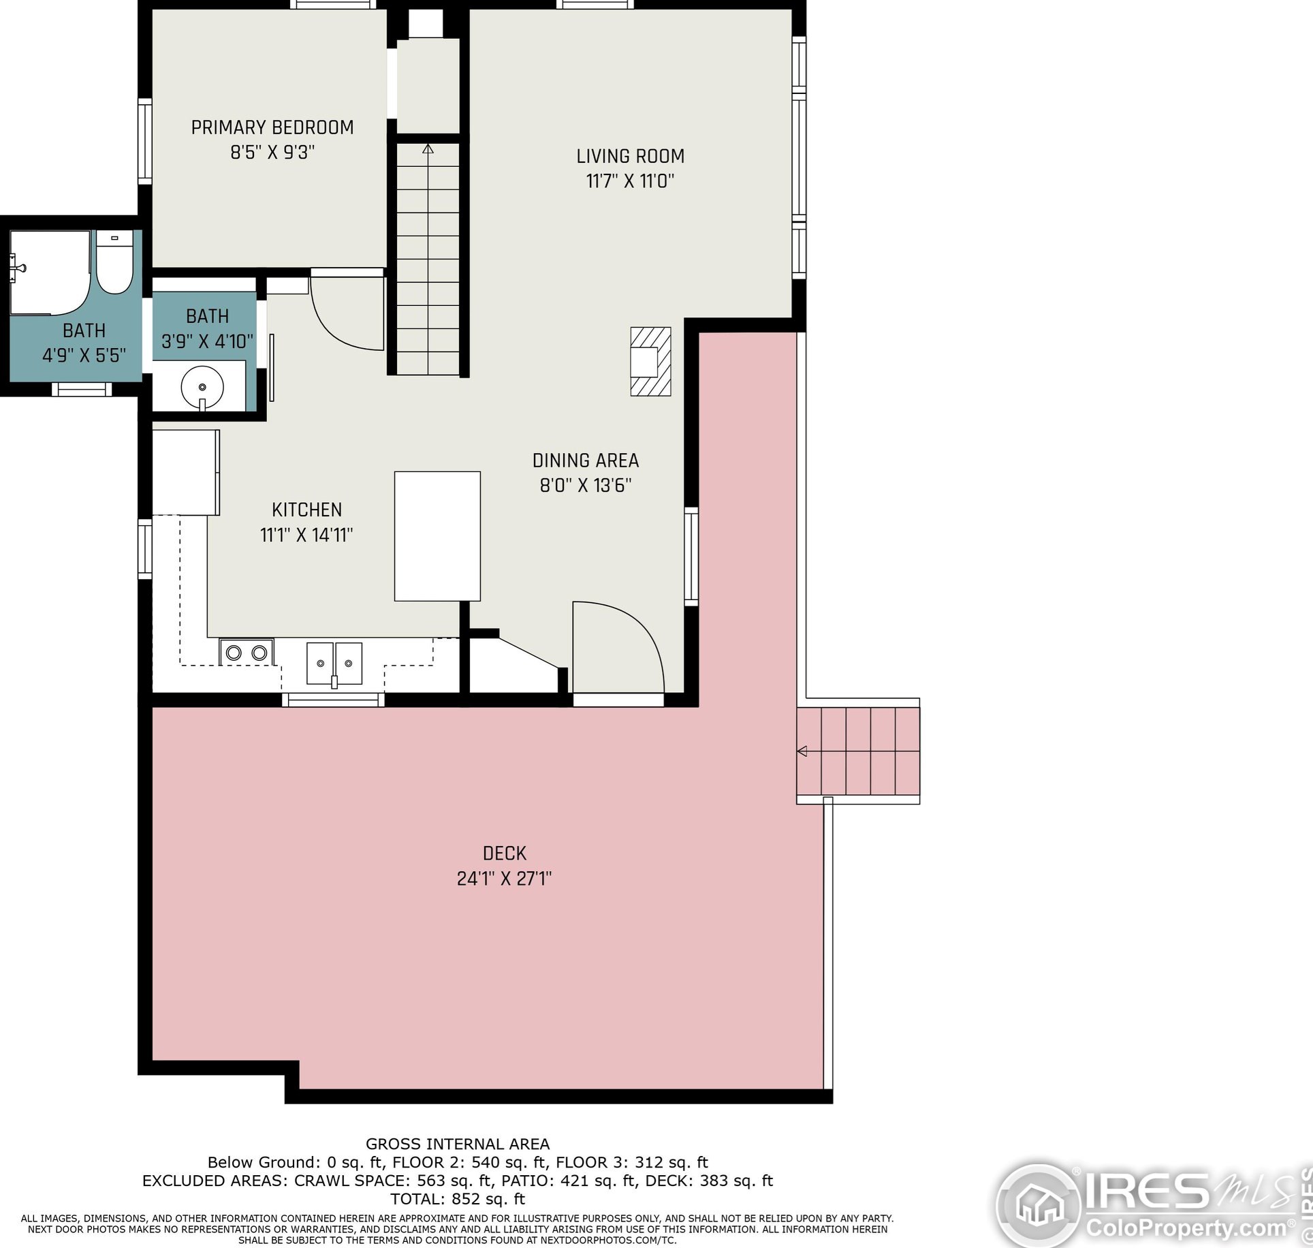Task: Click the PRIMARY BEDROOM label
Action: [x=272, y=127]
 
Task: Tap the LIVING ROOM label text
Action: [x=631, y=156]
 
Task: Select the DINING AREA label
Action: [x=586, y=461]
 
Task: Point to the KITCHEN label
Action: [x=306, y=510]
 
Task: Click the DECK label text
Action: [x=505, y=853]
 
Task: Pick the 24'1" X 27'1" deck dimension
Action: [x=505, y=879]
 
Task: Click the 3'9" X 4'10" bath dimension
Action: [x=208, y=341]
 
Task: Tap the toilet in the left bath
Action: [x=114, y=262]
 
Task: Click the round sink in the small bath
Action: [x=202, y=387]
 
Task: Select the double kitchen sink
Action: [x=334, y=664]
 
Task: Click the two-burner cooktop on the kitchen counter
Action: [x=247, y=653]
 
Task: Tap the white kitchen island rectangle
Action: [x=437, y=536]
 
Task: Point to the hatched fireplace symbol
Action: [x=650, y=361]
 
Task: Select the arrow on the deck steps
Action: [x=802, y=751]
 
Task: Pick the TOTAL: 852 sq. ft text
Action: [x=458, y=1217]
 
